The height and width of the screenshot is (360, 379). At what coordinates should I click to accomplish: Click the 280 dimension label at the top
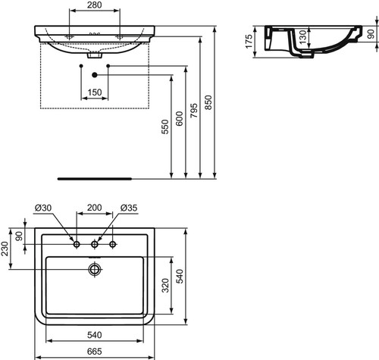[x=95, y=5]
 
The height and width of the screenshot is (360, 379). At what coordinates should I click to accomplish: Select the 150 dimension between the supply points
[x=95, y=92]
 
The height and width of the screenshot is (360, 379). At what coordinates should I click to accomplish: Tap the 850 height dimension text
[x=208, y=102]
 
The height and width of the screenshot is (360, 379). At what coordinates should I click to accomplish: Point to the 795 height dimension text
[x=194, y=111]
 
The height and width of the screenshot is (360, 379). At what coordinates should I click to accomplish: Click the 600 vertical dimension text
[x=179, y=119]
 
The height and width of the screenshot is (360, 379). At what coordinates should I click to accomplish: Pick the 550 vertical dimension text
[x=164, y=127]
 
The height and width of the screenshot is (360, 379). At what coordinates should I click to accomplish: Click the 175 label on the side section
[x=249, y=42]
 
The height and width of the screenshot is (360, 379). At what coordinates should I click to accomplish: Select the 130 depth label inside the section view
[x=303, y=36]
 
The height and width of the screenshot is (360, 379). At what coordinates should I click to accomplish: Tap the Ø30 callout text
[x=43, y=208]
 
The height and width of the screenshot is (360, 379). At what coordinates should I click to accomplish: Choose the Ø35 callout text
[x=129, y=208]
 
